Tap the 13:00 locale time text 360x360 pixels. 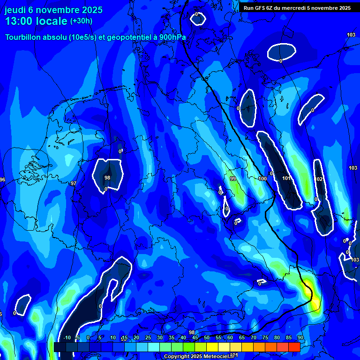click(36, 21)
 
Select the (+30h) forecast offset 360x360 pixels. click(81, 21)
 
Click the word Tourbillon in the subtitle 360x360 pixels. click(25, 37)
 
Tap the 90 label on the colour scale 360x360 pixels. click(300, 338)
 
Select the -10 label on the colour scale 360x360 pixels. click(67, 338)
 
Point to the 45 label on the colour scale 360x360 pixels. click(195, 338)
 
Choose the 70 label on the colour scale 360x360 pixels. click(254, 338)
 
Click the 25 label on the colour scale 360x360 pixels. click(148, 338)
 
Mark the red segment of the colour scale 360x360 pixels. click(294, 347)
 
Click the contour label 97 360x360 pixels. click(74, 183)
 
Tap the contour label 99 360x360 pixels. click(232, 179)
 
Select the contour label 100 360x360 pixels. click(262, 179)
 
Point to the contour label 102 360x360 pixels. click(319, 179)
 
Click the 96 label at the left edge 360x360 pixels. click(2, 180)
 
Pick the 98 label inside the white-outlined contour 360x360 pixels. click(107, 178)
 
